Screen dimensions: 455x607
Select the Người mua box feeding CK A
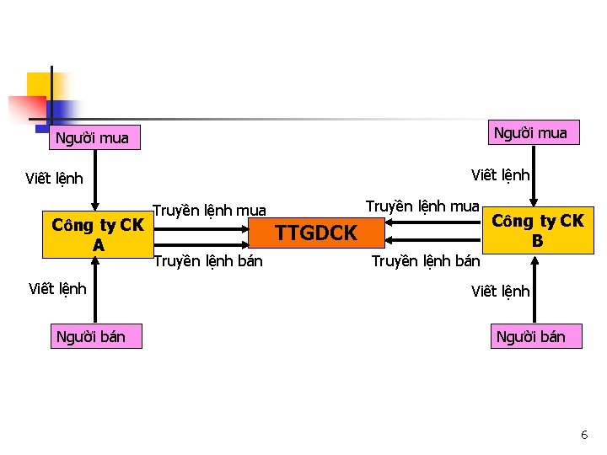point(92,138)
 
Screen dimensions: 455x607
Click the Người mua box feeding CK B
point(530,132)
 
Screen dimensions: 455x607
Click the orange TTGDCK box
point(317,233)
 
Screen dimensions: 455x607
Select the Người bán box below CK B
point(530,337)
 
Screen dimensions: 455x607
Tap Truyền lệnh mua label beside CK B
point(422,206)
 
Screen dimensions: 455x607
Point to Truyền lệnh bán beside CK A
point(207,261)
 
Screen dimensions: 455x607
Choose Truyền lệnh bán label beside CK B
point(426,261)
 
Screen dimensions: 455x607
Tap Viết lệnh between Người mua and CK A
point(55,178)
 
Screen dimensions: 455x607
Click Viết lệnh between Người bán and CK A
point(57,289)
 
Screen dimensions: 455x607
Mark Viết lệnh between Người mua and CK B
point(501,174)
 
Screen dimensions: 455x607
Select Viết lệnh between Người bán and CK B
point(501,292)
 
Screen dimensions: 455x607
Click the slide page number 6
point(584,435)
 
